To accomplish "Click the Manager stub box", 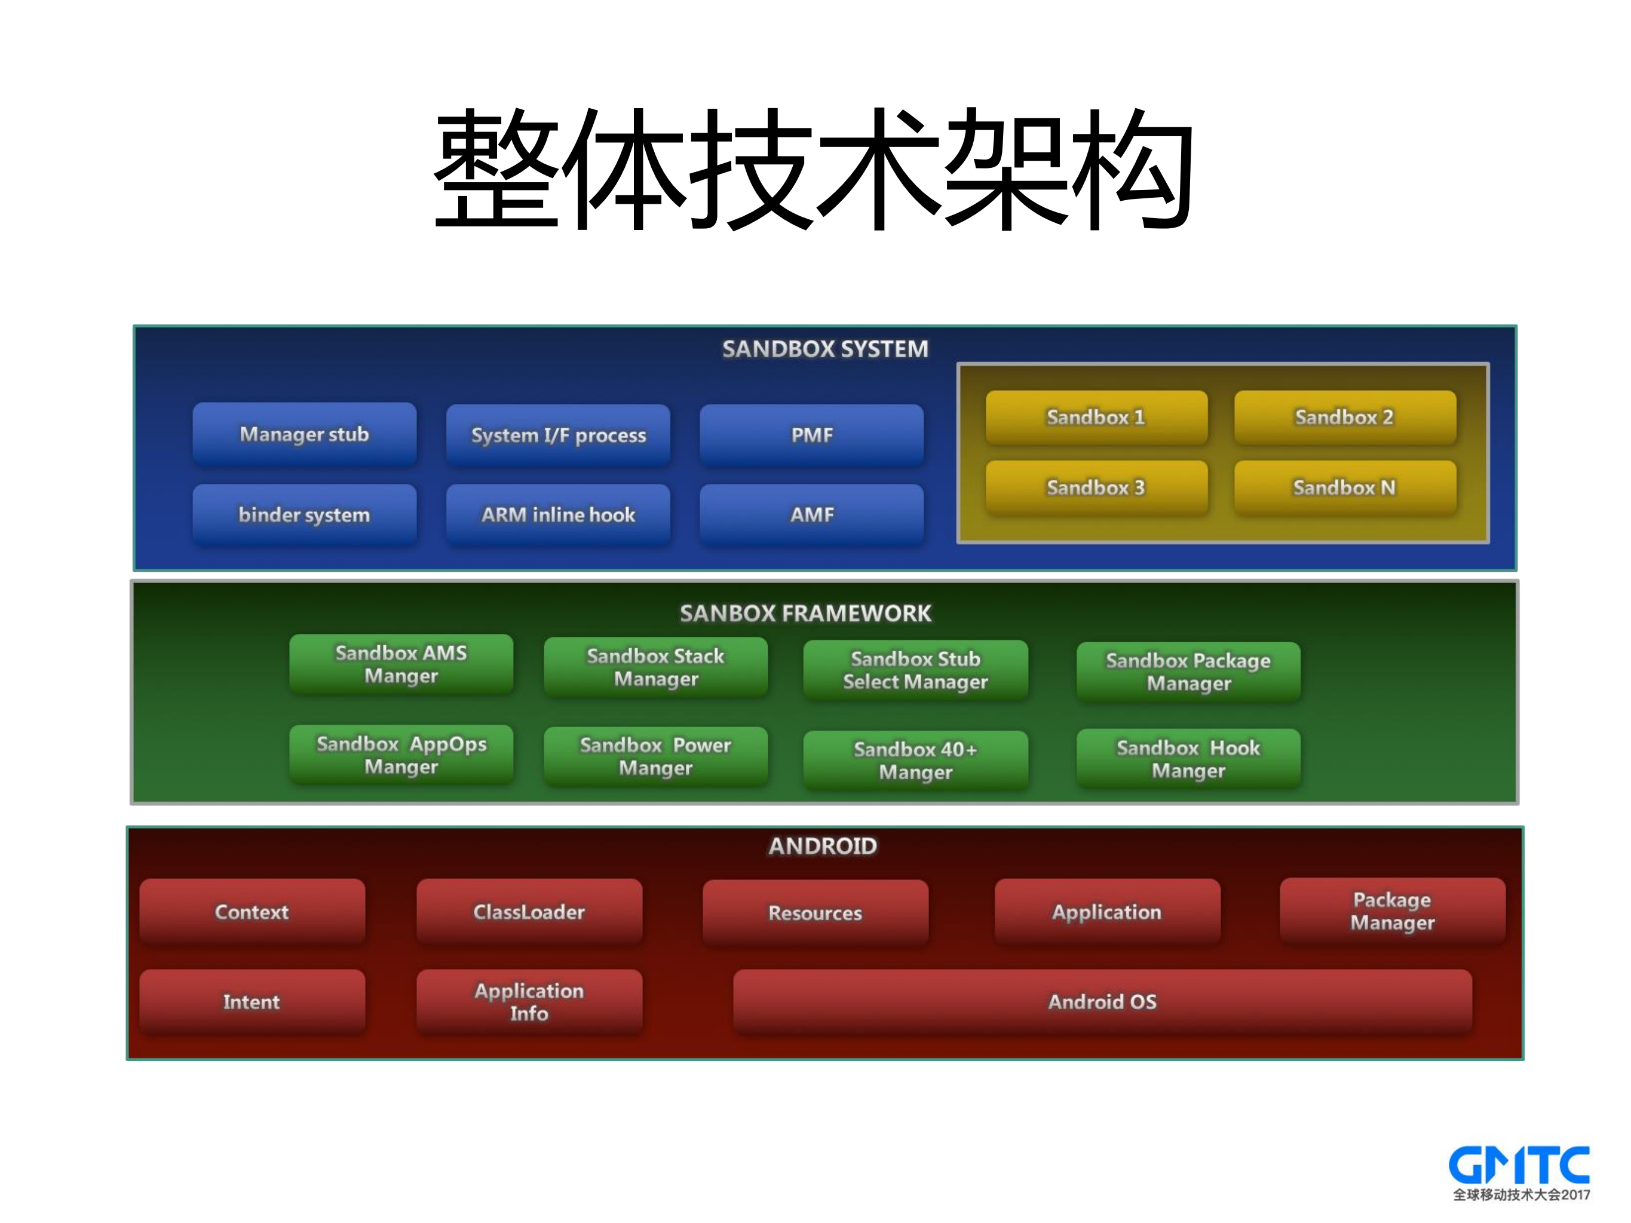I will click(303, 434).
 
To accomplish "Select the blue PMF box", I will click(811, 435).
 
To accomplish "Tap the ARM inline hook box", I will click(557, 514).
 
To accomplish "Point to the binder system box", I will click(303, 514).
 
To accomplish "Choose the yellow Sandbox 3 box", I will click(1096, 488).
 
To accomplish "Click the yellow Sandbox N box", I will click(1344, 488).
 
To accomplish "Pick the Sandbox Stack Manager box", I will click(655, 667).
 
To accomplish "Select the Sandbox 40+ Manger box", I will click(915, 760).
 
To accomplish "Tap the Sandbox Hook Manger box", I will click(1188, 759).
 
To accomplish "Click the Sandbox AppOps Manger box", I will click(401, 755).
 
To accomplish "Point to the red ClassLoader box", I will click(529, 912).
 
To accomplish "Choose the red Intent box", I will click(252, 1002).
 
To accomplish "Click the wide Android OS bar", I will click(1102, 1002).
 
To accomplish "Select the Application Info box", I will click(529, 1002).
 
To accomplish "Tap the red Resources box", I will click(815, 913).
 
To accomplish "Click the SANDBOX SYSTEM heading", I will click(824, 349).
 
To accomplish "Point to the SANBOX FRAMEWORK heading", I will click(805, 614).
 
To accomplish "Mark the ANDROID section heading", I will click(823, 846).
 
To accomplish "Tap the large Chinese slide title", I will click(814, 170).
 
